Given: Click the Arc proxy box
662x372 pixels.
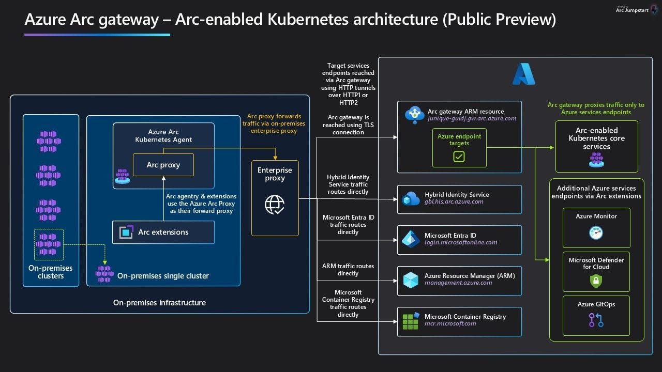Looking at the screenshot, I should coord(163,165).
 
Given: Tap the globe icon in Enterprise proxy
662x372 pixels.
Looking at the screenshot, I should coord(275,205).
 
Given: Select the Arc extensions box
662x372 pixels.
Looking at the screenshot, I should coord(163,233).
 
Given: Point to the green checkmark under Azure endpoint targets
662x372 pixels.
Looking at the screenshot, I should coord(459,156).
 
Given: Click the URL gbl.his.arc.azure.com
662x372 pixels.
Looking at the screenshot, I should coord(454,202).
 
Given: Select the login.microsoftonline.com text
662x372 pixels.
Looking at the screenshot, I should coord(461,242).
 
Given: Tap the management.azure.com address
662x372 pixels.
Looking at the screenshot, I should coord(458,283).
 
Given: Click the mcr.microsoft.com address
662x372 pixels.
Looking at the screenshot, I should coord(450,323).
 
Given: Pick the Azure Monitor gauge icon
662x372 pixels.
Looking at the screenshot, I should coord(596,233).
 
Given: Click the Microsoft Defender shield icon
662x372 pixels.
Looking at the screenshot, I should coord(596,281).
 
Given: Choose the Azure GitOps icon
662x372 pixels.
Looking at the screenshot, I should coord(596,320).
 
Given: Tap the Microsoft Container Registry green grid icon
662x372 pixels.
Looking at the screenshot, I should coord(411,320).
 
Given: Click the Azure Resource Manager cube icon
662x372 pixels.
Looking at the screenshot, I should coord(411,280).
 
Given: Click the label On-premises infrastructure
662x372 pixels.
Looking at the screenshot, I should coord(159,303).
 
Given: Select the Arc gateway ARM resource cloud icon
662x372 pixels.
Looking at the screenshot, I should coord(415,115).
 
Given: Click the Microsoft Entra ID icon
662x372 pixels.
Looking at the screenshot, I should coord(411,239).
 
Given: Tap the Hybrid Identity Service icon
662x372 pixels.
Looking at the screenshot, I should coord(411,198).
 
